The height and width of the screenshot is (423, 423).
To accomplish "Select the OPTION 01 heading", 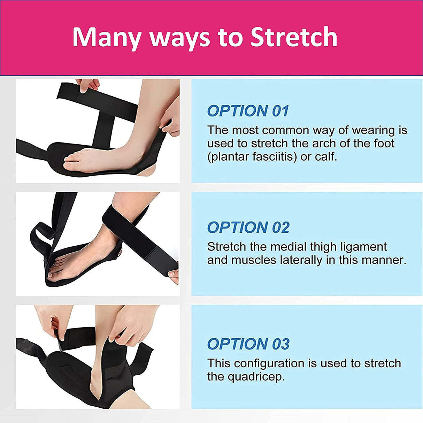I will (x=248, y=111).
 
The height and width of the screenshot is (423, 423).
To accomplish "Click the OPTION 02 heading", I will (x=248, y=228).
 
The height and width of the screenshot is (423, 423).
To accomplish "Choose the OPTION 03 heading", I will (x=248, y=344).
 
